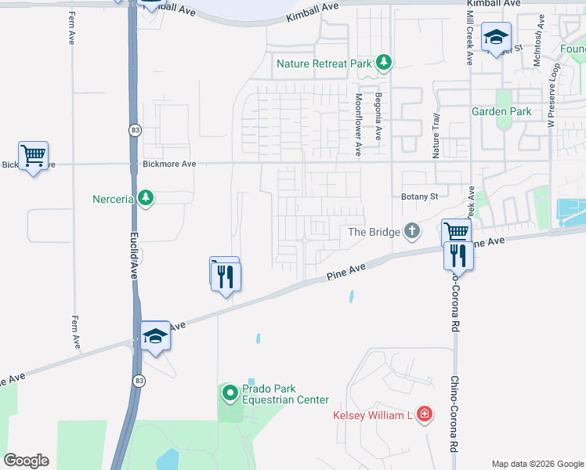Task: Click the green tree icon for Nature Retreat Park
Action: click(383, 63)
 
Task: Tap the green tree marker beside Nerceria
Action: click(145, 197)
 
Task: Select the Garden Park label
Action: click(501, 111)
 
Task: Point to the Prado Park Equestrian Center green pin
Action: click(230, 392)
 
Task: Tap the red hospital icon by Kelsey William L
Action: click(424, 414)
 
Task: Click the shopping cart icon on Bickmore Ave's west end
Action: click(33, 155)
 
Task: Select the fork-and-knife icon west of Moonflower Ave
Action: click(226, 275)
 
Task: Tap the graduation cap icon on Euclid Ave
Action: click(155, 336)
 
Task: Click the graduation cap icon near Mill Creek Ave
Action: click(496, 37)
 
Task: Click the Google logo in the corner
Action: click(26, 461)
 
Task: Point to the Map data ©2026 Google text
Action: click(537, 464)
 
